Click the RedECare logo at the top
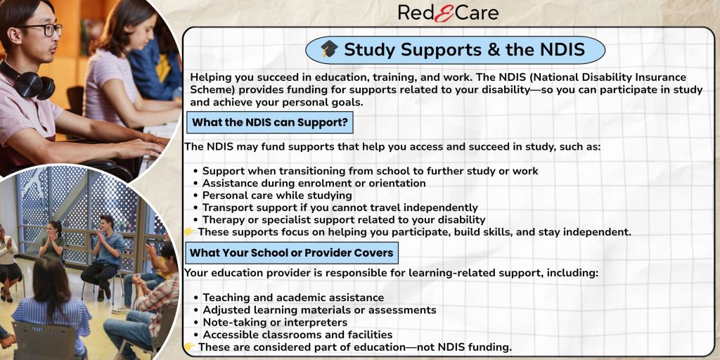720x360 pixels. click(448, 13)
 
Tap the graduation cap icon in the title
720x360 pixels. click(329, 49)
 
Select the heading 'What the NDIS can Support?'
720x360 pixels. click(269, 122)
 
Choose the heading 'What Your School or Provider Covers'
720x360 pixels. click(292, 252)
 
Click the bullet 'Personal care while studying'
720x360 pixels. click(277, 195)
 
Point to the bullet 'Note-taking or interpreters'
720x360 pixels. click(275, 322)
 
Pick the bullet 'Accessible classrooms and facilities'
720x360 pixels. click(297, 335)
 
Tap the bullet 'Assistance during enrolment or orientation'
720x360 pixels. click(314, 184)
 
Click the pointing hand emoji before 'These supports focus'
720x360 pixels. click(190, 232)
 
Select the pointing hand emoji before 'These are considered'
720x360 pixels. click(190, 347)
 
